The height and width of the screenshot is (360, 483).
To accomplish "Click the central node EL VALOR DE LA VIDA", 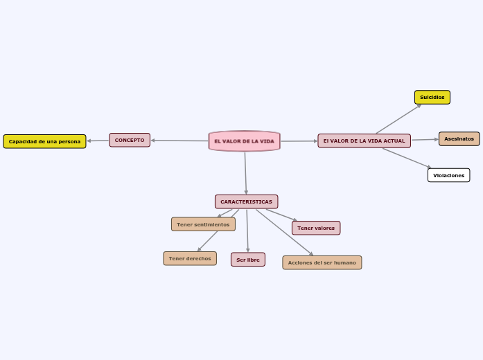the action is [244, 141].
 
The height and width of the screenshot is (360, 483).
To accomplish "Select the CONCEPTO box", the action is [130, 140].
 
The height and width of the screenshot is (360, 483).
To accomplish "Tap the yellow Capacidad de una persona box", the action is [44, 141].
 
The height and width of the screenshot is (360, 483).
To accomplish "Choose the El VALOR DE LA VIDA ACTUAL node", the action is [364, 141].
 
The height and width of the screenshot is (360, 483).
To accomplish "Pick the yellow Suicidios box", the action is [432, 97].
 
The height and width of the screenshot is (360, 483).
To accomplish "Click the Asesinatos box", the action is [459, 138].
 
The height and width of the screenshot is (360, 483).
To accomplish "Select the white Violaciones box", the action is [448, 175].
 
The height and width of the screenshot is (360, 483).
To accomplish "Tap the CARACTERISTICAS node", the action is [246, 201].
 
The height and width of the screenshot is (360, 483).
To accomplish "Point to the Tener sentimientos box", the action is [203, 224].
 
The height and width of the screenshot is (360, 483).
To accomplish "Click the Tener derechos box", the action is [190, 258].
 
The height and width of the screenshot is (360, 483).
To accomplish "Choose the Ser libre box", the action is [247, 260].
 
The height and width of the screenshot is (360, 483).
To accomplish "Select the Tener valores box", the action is [316, 228].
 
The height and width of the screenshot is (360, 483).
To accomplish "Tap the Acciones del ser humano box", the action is [322, 262].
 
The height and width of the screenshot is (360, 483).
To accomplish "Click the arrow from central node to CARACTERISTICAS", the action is [245, 173].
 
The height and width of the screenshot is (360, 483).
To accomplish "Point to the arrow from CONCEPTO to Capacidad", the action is [98, 141].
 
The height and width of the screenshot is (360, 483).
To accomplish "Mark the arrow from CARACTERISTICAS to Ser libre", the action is [247, 231].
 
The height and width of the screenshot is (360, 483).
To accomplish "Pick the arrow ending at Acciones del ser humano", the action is [284, 232].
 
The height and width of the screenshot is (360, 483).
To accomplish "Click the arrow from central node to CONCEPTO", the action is [179, 141].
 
